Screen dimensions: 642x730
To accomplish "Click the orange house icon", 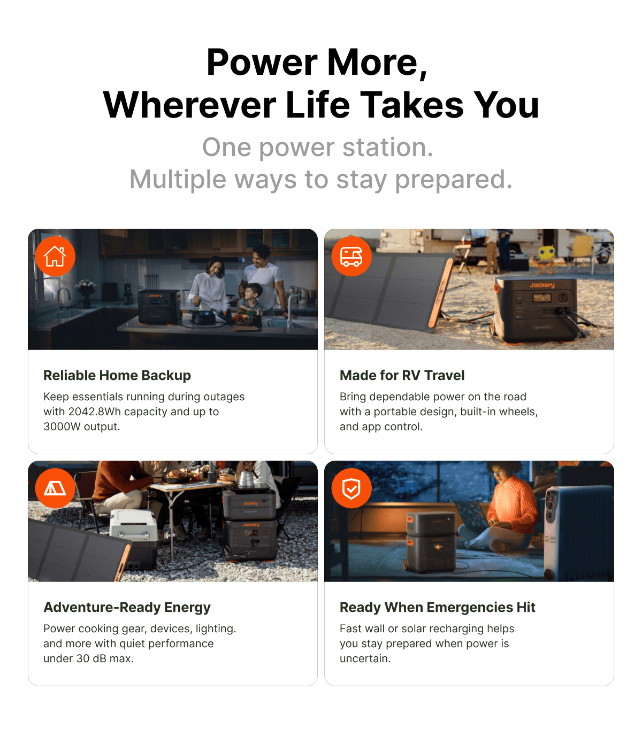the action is [55, 256].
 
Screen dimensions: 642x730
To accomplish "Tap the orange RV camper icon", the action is [351, 256].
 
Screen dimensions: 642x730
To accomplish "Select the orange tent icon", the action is [55, 488].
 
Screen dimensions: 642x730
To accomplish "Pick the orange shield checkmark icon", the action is [351, 488].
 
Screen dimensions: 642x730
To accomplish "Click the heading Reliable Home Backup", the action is [117, 376].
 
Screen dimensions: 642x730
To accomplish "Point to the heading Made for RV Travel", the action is [402, 376].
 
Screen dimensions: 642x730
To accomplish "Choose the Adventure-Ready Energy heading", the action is [127, 608].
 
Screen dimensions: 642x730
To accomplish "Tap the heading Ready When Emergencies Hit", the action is [438, 608].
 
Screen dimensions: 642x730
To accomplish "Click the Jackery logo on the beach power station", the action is [542, 285].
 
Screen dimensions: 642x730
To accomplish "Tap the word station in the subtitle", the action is [387, 147].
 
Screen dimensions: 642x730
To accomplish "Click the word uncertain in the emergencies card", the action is [365, 659].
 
